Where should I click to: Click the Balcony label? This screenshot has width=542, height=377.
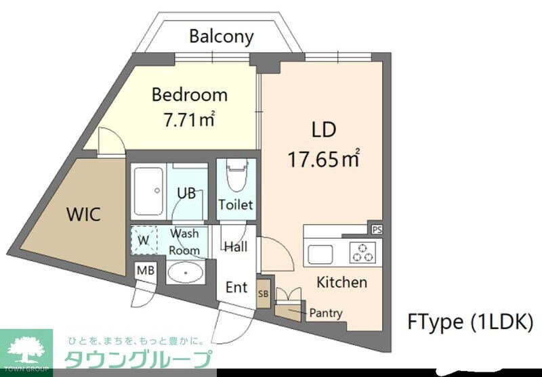point(221,36)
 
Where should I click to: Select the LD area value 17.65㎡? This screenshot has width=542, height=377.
point(323,160)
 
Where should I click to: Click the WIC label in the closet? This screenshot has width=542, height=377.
point(83,215)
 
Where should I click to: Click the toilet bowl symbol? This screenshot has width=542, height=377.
point(236,178)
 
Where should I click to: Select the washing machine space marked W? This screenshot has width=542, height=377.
point(143,240)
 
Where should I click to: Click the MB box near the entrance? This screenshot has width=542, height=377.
point(145,270)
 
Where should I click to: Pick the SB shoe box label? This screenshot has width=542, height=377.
point(264,294)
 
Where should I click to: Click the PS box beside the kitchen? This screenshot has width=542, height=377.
point(377,229)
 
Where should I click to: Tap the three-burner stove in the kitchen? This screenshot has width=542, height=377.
point(362,252)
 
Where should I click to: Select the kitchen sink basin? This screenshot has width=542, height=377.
point(320,254)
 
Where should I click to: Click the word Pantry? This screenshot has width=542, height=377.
point(325,313)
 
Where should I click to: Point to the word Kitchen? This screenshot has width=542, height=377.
point(341,282)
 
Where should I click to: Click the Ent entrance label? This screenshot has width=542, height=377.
point(236,287)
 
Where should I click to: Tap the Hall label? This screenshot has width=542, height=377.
point(235,246)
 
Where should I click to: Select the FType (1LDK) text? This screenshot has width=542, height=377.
point(470,321)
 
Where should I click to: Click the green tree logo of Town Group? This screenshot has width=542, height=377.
point(25,349)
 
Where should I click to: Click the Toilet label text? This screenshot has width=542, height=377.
point(236,204)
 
